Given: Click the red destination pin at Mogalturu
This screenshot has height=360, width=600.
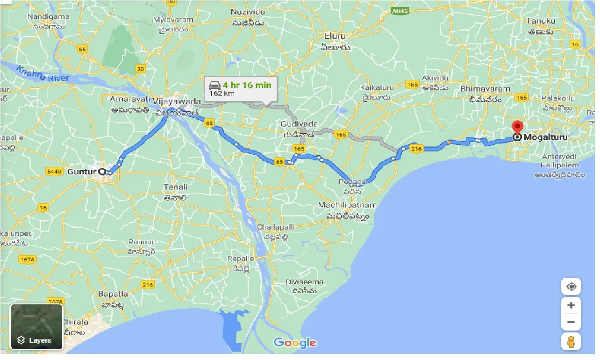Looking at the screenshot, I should (x=517, y=127).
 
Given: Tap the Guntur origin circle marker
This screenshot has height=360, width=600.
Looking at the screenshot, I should (x=102, y=172).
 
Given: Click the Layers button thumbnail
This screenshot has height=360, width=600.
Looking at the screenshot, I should (x=36, y=326).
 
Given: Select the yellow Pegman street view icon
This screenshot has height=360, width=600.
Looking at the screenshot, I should (x=571, y=341).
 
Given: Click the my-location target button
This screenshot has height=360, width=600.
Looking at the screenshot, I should (x=571, y=287).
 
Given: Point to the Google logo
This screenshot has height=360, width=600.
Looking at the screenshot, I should (x=295, y=343).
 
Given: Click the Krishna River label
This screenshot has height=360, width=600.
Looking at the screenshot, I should (x=43, y=74).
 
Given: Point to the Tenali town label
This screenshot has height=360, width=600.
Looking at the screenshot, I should (x=175, y=187).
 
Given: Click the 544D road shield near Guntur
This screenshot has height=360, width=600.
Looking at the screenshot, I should (x=54, y=172).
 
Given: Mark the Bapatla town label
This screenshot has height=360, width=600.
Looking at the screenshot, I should (x=113, y=294).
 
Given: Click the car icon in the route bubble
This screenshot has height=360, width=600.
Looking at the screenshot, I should (x=215, y=86).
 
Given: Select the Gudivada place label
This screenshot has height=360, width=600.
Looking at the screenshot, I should (x=300, y=124).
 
